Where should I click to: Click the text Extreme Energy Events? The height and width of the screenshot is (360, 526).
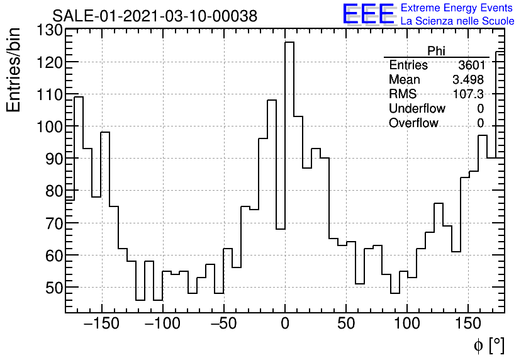click(457, 8)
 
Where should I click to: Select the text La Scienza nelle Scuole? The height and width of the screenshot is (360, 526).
click(457, 21)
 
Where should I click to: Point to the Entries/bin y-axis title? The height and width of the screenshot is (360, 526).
click(14, 70)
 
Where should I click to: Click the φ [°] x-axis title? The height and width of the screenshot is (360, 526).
click(488, 346)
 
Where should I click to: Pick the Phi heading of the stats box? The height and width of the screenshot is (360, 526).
click(436, 52)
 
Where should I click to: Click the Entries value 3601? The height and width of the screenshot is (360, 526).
click(471, 65)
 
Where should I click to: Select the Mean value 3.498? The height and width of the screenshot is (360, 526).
click(468, 80)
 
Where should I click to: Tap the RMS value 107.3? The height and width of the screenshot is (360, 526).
click(469, 94)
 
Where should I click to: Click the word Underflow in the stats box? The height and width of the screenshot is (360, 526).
click(417, 109)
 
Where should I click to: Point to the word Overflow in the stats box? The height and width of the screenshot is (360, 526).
click(413, 123)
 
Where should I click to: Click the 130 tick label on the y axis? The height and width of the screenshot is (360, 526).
click(50, 30)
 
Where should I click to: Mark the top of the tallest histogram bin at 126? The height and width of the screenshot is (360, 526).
click(289, 42)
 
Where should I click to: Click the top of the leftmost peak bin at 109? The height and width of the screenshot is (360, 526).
click(79, 97)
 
